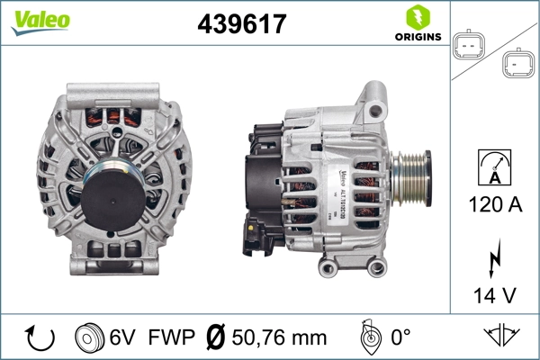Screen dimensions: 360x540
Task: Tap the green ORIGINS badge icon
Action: [x=417, y=17]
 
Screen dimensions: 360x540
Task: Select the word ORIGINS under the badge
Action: [x=418, y=37]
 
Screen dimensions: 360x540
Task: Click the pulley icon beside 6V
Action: [x=90, y=337]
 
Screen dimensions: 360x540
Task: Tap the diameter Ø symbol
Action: [x=215, y=337]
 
